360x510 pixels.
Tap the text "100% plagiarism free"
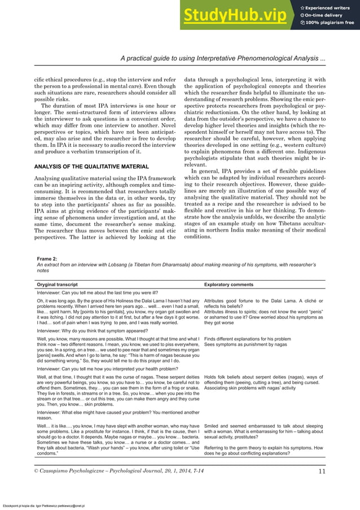pos(330,23)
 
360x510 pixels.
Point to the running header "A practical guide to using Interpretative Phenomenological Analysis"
pos(226,59)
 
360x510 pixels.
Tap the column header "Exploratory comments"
pos(229,285)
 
